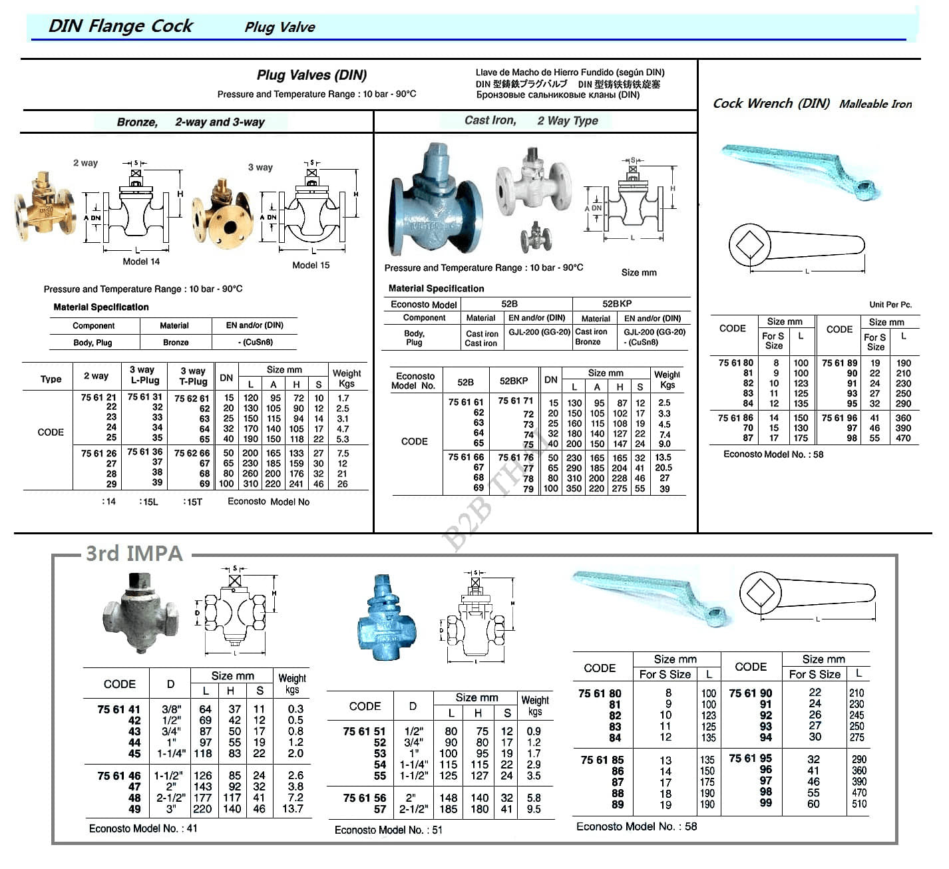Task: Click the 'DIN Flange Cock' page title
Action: (x=120, y=26)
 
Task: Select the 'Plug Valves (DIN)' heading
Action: (x=311, y=75)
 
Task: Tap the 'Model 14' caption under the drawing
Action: (x=141, y=261)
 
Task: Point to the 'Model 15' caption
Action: (x=311, y=265)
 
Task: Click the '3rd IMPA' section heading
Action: (x=134, y=554)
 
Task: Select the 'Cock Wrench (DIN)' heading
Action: (x=771, y=104)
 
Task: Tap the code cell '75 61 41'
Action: (x=118, y=709)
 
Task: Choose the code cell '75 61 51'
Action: (x=364, y=731)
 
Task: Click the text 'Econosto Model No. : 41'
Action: (x=143, y=828)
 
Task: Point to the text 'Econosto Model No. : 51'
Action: (x=388, y=830)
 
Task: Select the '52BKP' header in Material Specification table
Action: (x=617, y=303)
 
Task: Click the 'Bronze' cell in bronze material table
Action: (x=176, y=342)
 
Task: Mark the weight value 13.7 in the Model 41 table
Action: (x=292, y=809)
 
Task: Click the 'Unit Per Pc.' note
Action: (x=890, y=305)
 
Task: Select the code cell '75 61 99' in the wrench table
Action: (x=765, y=803)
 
